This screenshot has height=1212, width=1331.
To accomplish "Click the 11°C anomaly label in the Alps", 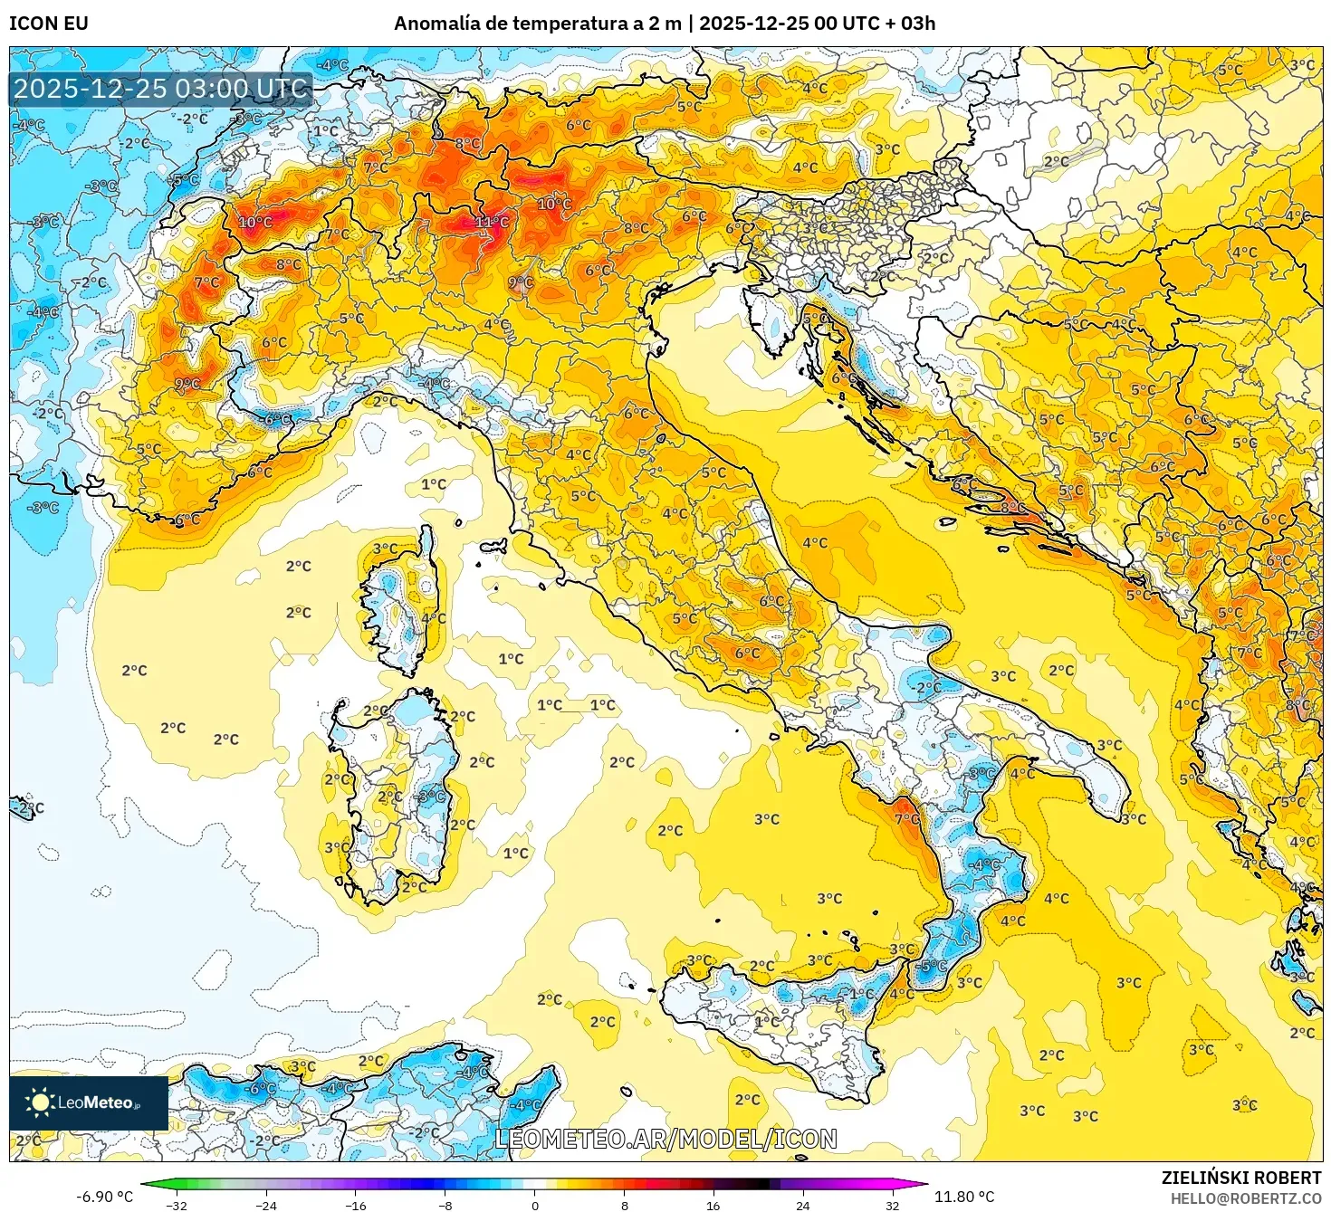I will point(492,222).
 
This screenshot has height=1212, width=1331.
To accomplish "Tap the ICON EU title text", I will point(49,24).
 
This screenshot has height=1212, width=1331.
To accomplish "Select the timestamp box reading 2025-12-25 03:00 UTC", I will point(161,89).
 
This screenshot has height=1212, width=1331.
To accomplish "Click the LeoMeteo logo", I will point(89,1102).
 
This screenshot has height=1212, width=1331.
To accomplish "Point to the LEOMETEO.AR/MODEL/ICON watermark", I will point(665,1139).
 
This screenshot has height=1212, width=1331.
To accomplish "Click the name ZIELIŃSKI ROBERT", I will point(1241,1178).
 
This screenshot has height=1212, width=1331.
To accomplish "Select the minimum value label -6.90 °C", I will point(104,1197).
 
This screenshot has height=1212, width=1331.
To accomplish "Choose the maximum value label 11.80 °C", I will point(964,1197).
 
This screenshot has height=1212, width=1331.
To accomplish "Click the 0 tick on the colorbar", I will point(535,1205).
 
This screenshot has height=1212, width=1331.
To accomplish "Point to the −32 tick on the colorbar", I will point(177,1205).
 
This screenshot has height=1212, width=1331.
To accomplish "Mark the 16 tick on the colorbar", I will point(713,1205).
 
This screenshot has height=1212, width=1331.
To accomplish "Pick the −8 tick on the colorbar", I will point(445,1205).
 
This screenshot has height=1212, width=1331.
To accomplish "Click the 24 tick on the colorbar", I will point(803,1205).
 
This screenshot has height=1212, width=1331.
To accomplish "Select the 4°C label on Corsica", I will point(434,618).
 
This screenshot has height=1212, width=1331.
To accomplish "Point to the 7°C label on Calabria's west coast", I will point(907,818).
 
